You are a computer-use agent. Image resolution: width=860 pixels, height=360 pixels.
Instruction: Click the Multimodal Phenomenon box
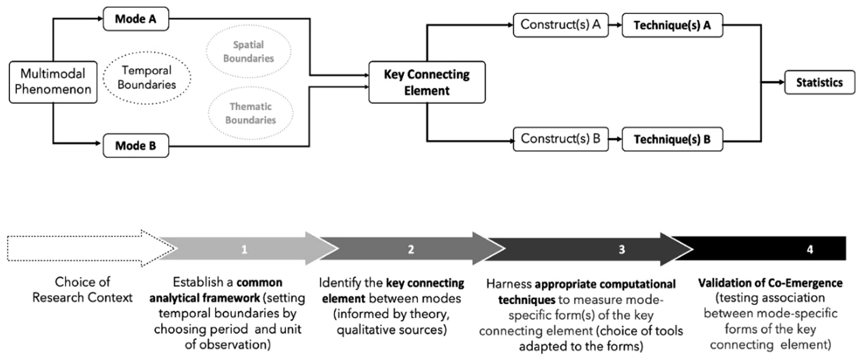tap(53, 82)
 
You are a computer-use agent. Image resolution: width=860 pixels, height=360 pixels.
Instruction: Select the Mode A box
tap(136, 19)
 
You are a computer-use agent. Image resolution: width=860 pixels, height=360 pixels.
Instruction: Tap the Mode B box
tap(136, 146)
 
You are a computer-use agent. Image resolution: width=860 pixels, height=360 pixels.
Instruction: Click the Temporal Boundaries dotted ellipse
tap(147, 78)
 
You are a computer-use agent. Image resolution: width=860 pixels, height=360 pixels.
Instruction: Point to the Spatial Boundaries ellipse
tap(249, 51)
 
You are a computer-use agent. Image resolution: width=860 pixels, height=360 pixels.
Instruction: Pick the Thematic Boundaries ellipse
tap(250, 113)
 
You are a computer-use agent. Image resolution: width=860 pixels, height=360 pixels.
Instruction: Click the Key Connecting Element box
tap(427, 82)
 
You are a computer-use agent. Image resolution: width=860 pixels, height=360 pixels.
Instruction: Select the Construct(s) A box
tap(561, 25)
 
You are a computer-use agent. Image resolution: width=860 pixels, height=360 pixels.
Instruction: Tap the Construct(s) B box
tap(561, 139)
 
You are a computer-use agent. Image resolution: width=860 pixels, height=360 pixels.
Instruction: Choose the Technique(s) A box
tap(672, 25)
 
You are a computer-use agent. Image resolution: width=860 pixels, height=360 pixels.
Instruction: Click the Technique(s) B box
tap(672, 139)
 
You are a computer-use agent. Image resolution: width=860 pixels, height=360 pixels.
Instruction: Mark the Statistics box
tap(820, 82)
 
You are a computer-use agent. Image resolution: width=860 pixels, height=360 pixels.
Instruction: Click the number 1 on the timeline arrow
tap(244, 250)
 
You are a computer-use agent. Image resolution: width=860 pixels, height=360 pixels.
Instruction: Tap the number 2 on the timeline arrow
tap(411, 250)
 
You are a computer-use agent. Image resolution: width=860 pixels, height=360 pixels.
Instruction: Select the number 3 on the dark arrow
tap(622, 250)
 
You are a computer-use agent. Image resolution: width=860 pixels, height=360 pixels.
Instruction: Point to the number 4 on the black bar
tap(810, 250)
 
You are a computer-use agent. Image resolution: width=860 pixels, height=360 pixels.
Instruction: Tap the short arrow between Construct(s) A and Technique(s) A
tap(615, 25)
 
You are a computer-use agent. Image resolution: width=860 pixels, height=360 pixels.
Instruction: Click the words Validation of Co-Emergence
tap(770, 283)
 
